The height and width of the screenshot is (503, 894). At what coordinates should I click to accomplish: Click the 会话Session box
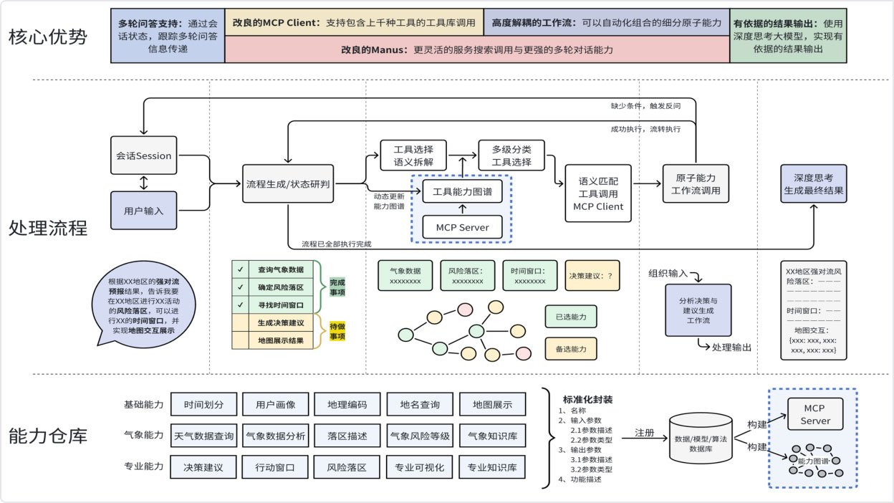click(x=143, y=155)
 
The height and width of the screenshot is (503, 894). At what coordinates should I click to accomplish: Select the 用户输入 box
click(x=143, y=211)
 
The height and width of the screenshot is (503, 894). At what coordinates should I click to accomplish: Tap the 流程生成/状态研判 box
click(x=287, y=184)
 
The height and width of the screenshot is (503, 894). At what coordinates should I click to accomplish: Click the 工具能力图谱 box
click(x=462, y=191)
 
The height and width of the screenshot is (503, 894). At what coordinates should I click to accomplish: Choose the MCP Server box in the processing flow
click(x=462, y=227)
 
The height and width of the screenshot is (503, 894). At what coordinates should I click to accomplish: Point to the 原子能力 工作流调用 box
click(x=696, y=184)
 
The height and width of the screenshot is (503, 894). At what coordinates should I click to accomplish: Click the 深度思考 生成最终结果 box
click(x=813, y=184)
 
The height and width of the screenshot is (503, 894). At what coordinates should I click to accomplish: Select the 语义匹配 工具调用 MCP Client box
click(x=598, y=193)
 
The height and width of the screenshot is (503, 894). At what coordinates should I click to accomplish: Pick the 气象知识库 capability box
click(x=492, y=435)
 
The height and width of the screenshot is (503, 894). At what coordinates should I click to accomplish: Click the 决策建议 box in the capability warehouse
click(x=203, y=467)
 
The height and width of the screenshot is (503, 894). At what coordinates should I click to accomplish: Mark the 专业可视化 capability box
click(x=419, y=467)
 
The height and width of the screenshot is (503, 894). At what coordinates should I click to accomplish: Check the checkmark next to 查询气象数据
click(x=240, y=270)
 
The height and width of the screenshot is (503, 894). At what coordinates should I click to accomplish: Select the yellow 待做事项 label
click(x=337, y=332)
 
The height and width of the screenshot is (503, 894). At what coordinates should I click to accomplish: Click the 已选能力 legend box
click(x=571, y=316)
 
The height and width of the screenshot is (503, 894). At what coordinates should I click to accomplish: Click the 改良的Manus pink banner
click(x=476, y=50)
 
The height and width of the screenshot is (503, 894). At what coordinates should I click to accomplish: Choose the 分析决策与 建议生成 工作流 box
click(x=698, y=310)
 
